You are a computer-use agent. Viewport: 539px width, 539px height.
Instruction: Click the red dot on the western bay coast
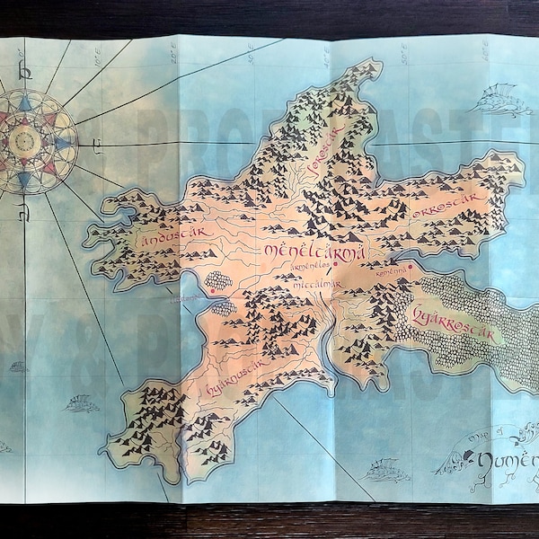coord(211,290)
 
